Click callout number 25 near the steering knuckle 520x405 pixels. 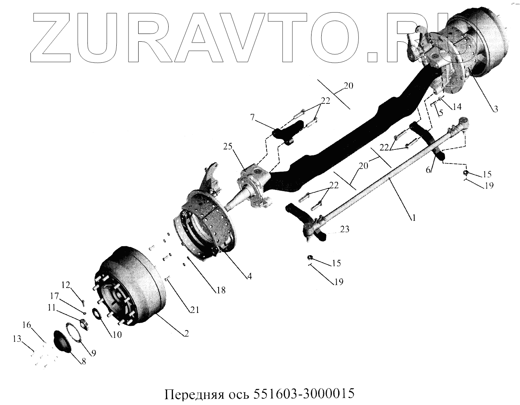pos(228,147)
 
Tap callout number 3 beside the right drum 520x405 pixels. pos(494,110)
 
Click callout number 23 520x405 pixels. pos(344,229)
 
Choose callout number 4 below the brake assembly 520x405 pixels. pos(249,276)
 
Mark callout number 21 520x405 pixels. pos(195,310)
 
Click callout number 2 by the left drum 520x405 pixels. pos(186,334)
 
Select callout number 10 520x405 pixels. pos(117,334)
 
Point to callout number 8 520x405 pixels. pos(83,361)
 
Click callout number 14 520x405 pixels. pos(457,107)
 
